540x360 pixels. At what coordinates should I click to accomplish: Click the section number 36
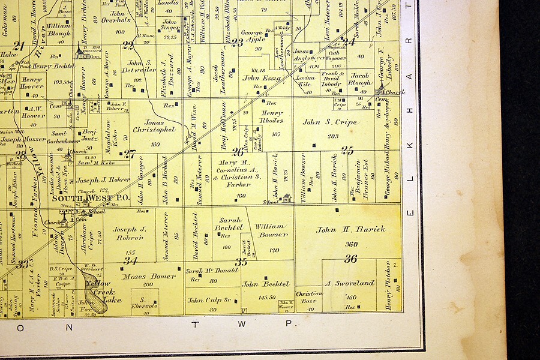(x=350, y=259)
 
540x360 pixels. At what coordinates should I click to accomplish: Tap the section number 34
(x=130, y=260)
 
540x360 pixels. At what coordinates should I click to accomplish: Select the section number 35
(x=241, y=262)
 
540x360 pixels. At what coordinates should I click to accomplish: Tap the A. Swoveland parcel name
(x=349, y=283)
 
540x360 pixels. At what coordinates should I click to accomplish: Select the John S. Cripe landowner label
(x=329, y=122)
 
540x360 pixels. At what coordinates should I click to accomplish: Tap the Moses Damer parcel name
(x=149, y=277)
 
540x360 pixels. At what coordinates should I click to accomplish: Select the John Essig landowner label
(x=262, y=78)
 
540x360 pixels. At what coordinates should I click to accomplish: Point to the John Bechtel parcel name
(x=267, y=284)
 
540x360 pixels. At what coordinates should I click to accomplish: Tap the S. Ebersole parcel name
(x=144, y=302)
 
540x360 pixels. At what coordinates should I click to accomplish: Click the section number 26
(x=238, y=152)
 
